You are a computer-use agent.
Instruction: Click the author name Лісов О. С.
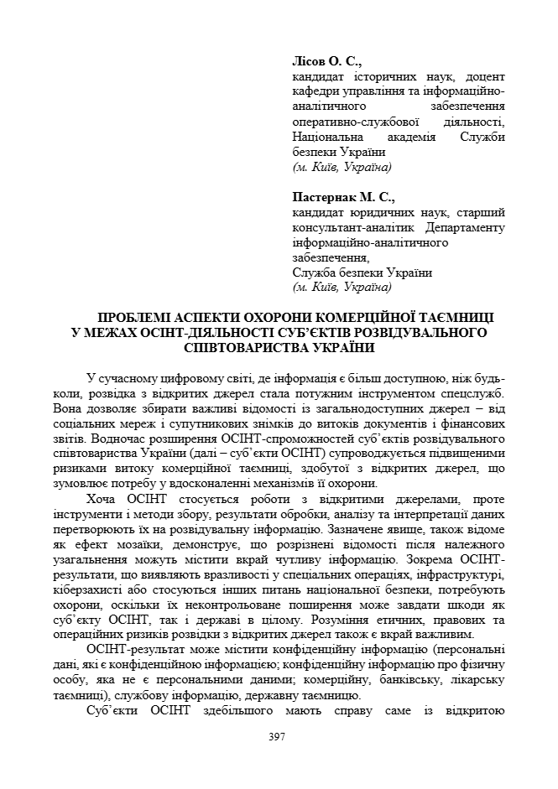click(326, 61)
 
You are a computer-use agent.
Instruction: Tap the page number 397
click(278, 736)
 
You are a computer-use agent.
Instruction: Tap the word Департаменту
click(465, 228)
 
